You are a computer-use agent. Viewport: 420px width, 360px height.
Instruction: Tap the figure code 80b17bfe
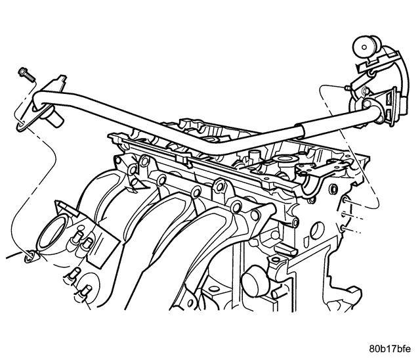click(x=390, y=349)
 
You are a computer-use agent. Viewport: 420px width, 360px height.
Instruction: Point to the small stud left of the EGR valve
click(x=347, y=88)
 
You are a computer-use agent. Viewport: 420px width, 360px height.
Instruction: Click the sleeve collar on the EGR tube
click(x=301, y=131)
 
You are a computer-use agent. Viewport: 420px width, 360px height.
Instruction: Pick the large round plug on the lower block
click(x=255, y=281)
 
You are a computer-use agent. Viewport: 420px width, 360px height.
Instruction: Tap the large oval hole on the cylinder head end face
click(x=318, y=231)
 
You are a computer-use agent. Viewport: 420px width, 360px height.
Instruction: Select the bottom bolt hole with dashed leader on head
click(x=343, y=228)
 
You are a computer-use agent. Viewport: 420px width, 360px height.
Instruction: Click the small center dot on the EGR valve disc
click(x=364, y=47)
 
